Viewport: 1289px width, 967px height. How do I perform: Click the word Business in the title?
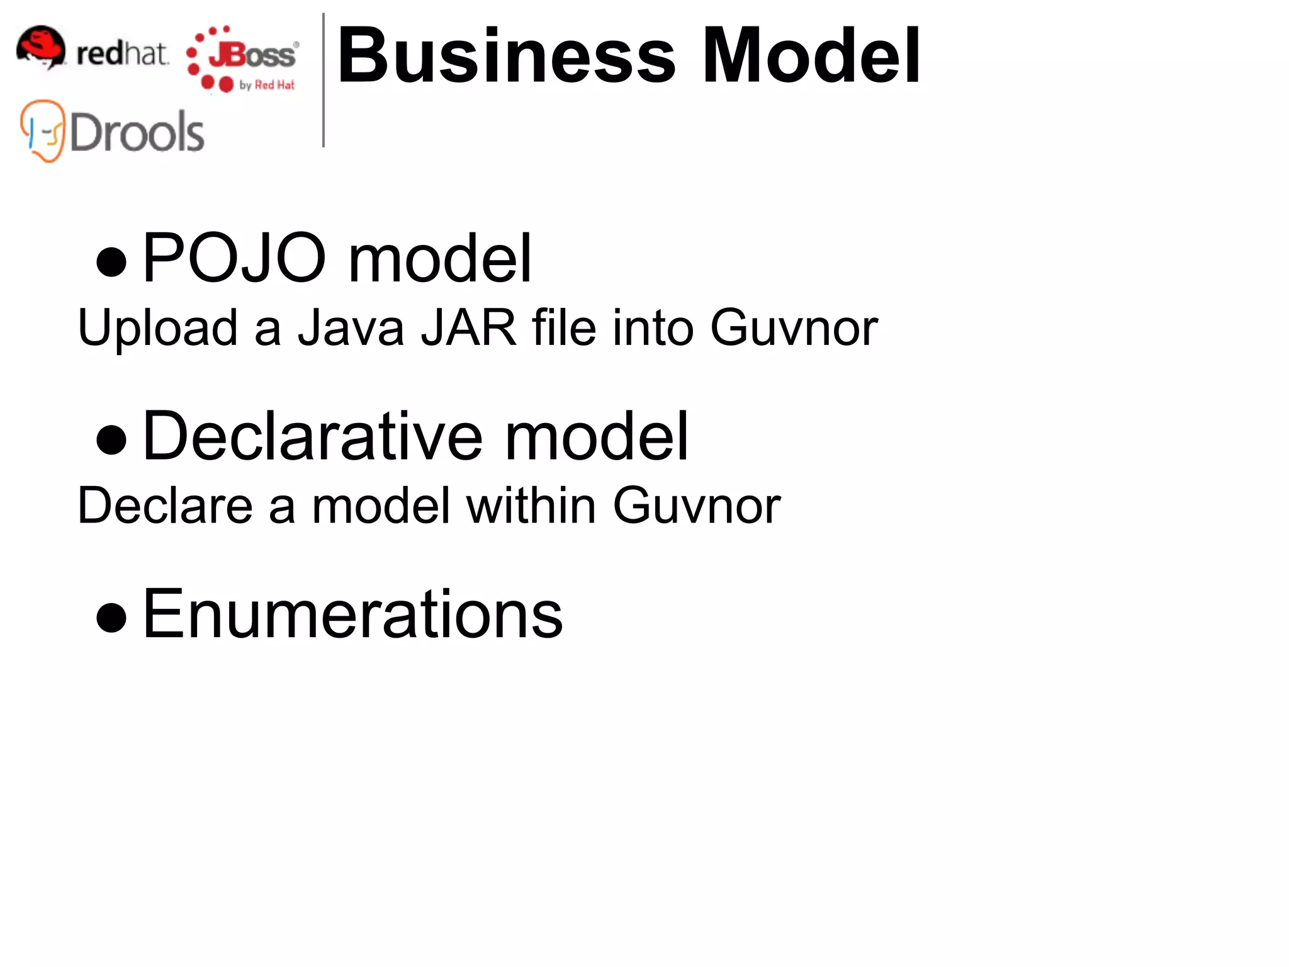point(506,57)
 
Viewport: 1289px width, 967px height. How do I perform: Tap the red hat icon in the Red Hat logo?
point(41,47)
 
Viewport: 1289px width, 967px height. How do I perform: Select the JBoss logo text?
point(252,55)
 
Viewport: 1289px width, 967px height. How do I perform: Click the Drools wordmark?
point(137,132)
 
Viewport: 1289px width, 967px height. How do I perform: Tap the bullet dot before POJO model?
point(111,261)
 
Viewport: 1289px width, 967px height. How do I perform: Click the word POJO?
point(234,258)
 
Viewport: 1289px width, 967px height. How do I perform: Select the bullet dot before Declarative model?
point(111,439)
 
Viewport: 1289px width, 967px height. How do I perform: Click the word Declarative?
point(313,436)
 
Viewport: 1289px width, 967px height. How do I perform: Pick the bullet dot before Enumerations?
point(111,617)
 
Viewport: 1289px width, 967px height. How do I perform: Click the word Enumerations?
point(352,614)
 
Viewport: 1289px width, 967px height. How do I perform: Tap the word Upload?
point(157,329)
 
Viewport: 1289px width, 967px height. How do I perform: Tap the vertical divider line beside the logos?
point(324,81)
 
